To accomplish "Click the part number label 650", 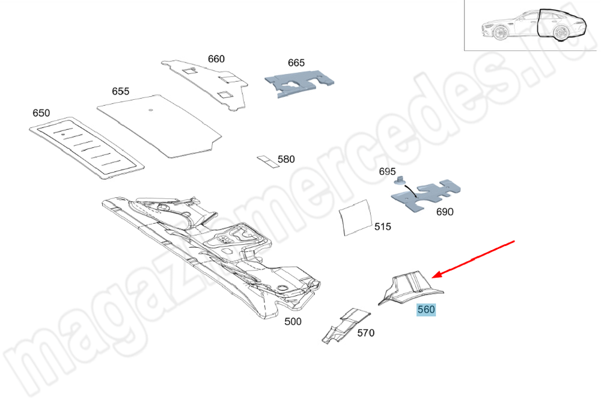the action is coord(41,113).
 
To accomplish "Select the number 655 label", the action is coord(120,91).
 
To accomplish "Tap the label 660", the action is coord(216,59).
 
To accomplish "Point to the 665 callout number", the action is coord(296,63).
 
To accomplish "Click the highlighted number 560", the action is coord(426,310).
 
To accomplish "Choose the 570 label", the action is coord(365,333).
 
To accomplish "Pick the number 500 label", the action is coord(293,321).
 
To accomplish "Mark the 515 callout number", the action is coord(382,227).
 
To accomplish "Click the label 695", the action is coord(387,171).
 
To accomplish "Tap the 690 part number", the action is coord(445,212).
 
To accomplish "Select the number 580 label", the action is coord(286,159).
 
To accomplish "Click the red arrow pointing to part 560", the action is coord(474,259).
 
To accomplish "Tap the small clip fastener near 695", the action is coord(400,180).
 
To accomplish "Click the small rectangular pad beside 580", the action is coord(267,161).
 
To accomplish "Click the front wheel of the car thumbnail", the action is coord(500,33).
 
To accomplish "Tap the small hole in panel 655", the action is coord(151,111).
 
